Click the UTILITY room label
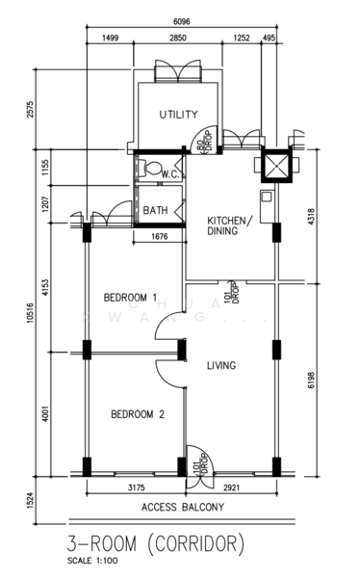pyautogui.click(x=179, y=115)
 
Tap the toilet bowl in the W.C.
pyautogui.click(x=152, y=168)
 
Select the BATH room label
pyautogui.click(x=155, y=210)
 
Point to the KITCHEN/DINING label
pyautogui.click(x=230, y=225)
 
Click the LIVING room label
pyautogui.click(x=221, y=365)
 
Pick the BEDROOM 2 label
pyautogui.click(x=138, y=414)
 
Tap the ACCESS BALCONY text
pyautogui.click(x=183, y=508)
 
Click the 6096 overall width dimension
pyautogui.click(x=182, y=22)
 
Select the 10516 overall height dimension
pyautogui.click(x=30, y=312)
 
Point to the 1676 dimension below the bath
pyautogui.click(x=160, y=236)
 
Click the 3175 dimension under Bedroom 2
pyautogui.click(x=137, y=487)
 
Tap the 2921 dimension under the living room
pyautogui.click(x=231, y=487)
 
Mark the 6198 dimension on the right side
pyautogui.click(x=311, y=381)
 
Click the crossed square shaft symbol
pyautogui.click(x=276, y=164)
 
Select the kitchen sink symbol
pyautogui.click(x=267, y=197)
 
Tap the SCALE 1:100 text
pyautogui.click(x=92, y=561)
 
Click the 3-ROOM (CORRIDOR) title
pyautogui.click(x=156, y=544)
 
